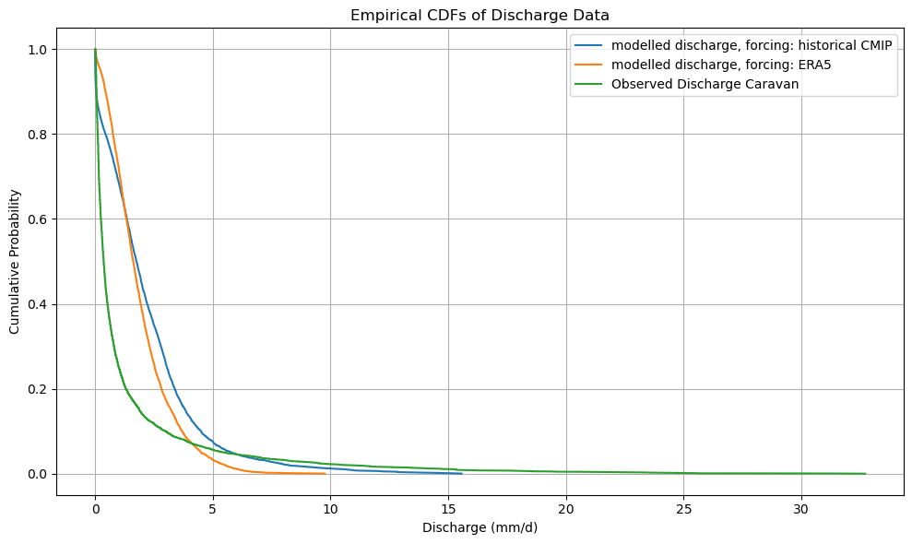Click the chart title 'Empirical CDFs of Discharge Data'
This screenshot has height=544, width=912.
point(480,15)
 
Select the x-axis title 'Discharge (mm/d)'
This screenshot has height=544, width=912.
point(480,527)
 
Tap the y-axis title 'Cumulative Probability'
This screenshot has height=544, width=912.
point(16,261)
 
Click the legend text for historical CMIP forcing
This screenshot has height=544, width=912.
point(751,47)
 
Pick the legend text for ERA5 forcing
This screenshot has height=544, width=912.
point(722,65)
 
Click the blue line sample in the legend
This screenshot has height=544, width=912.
point(589,47)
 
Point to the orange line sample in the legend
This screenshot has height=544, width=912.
point(589,65)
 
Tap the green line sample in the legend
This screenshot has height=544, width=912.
point(589,84)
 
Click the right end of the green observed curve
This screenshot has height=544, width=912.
point(865,473)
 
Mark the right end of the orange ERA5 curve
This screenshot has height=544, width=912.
point(326,473)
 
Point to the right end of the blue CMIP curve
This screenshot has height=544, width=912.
point(461,473)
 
